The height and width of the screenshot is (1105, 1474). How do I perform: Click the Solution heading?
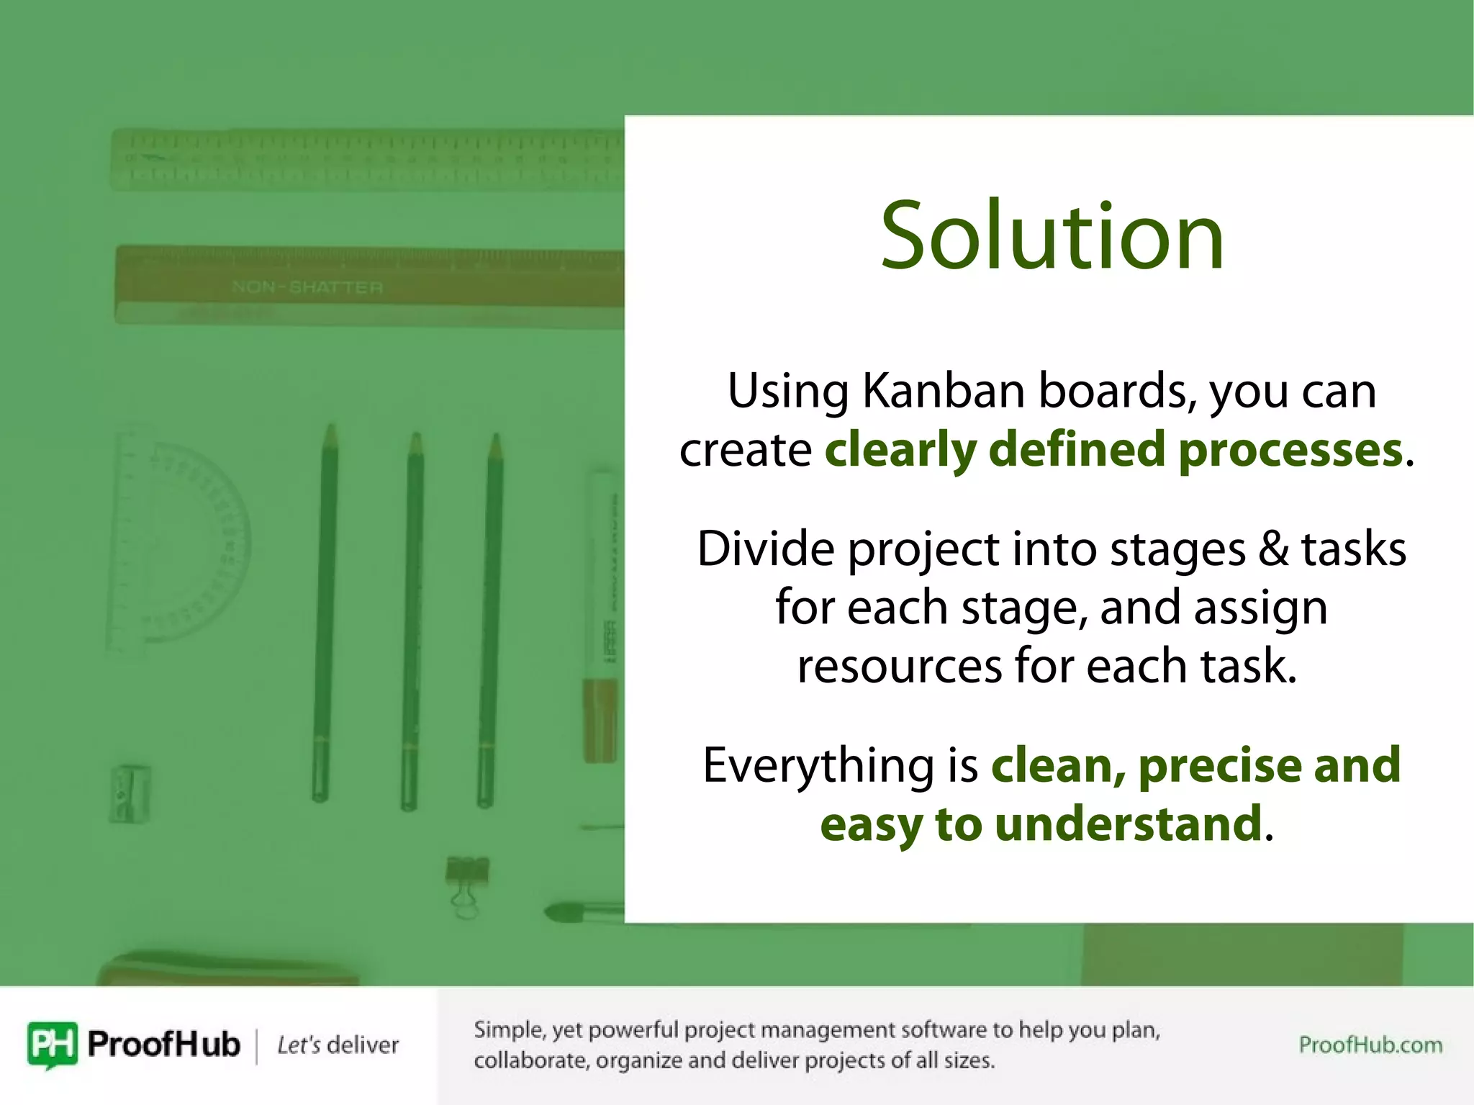[1052, 236]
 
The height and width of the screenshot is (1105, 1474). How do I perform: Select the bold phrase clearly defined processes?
[1113, 450]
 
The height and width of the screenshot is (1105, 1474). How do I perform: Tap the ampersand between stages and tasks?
[1273, 549]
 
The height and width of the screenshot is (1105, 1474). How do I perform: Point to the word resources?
[899, 666]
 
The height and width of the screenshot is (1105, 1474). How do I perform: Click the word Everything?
[818, 765]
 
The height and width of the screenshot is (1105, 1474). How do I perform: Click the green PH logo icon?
[52, 1044]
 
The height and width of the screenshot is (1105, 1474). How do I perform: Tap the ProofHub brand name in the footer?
[163, 1044]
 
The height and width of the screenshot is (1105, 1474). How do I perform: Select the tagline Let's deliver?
[338, 1045]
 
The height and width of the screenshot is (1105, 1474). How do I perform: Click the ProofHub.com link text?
[1370, 1045]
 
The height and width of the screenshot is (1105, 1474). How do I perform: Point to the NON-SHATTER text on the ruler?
[307, 287]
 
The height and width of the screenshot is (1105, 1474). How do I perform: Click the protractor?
[180, 540]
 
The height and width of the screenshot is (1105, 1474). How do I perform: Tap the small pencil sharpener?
[130, 793]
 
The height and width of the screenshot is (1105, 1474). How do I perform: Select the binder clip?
[466, 882]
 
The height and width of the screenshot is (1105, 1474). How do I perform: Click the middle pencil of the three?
[412, 619]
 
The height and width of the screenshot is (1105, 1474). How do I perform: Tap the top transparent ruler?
[367, 159]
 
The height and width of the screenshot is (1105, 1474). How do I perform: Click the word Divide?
[766, 549]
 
